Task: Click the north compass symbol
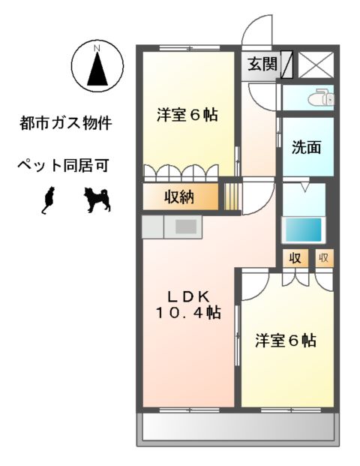coord(96,65)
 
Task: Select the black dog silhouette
coord(97,199)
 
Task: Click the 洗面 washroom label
coord(306,147)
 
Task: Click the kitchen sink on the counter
coord(187,225)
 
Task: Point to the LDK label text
coord(187,294)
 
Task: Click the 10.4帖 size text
coord(187,312)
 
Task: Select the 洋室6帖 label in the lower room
coord(285,340)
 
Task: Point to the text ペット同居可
coord(65,164)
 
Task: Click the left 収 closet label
coord(294,259)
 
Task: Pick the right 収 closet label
coord(324,259)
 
